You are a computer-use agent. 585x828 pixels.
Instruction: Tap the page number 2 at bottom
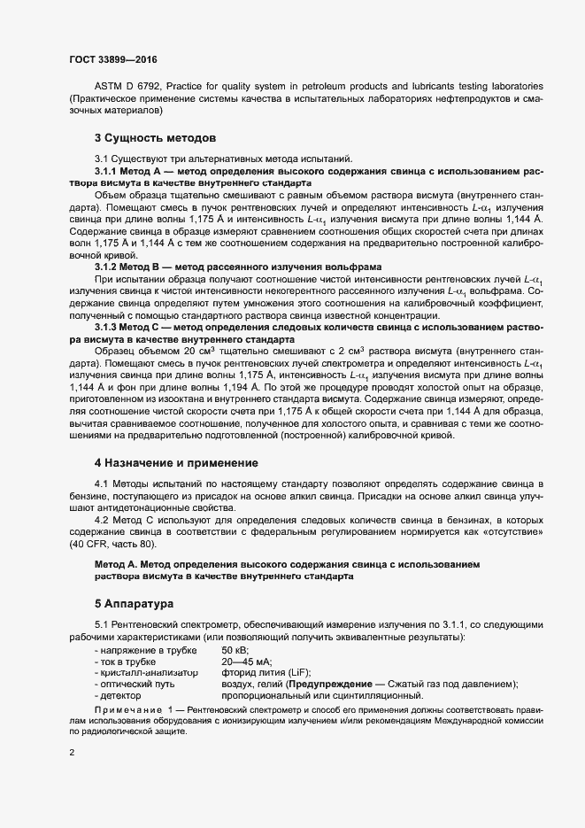(72, 754)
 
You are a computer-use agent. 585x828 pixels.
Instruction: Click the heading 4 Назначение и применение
(176, 462)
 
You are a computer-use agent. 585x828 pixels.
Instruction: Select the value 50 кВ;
(235, 650)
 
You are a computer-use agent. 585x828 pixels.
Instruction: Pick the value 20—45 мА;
(246, 662)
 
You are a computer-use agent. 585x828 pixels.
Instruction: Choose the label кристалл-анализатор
(146, 673)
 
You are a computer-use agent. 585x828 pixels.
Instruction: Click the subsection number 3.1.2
(106, 267)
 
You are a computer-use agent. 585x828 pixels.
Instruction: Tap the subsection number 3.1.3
(106, 328)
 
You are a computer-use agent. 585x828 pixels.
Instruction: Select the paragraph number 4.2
(100, 520)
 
